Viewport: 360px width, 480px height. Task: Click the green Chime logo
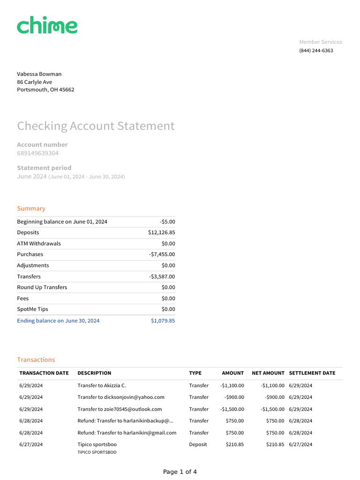point(47,26)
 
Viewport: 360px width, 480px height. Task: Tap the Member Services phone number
point(316,51)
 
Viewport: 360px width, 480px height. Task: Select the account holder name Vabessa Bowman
point(39,74)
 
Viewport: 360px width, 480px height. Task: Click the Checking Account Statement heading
point(96,126)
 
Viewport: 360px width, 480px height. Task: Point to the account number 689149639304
point(38,153)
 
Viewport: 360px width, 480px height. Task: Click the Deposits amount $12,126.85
point(162,232)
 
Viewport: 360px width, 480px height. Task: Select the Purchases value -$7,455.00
point(162,255)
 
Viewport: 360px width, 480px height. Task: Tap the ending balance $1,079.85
point(163,321)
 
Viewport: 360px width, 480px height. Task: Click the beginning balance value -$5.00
point(167,222)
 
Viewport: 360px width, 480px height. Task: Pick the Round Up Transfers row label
point(42,287)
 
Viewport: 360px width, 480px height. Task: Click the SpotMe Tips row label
point(32,309)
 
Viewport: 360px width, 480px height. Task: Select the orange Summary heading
point(31,209)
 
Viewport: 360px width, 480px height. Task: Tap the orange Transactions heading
point(36,360)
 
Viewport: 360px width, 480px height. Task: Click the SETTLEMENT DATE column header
point(312,373)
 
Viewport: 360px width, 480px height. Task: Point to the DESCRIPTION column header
point(94,373)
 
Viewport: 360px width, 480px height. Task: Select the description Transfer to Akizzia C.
point(102,386)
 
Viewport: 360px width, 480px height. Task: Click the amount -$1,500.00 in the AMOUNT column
point(232,409)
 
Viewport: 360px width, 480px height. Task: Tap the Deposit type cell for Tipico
point(198,444)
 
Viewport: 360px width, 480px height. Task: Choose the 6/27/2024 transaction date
point(31,444)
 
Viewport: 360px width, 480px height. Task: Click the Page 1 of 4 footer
point(180,472)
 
